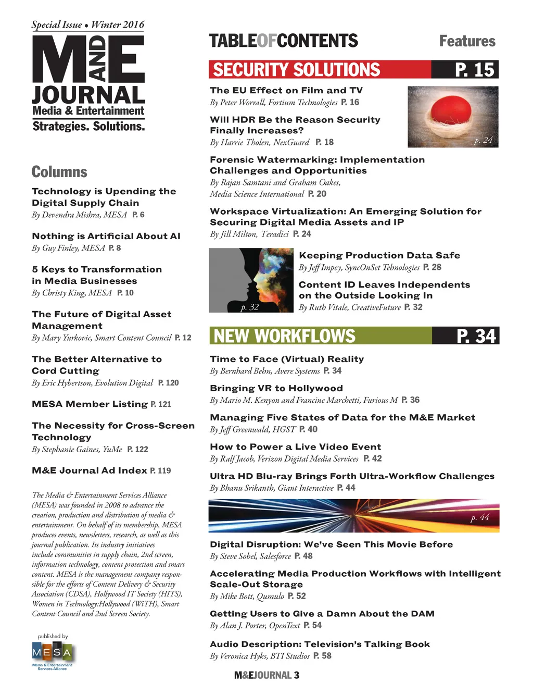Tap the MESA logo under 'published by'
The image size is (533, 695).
point(52,652)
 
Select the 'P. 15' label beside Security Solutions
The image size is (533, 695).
point(474,70)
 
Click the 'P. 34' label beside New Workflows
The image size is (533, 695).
point(476,336)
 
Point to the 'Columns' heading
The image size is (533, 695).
point(59,172)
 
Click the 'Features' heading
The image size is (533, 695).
point(467,41)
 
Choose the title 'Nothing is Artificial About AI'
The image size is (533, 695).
point(106,236)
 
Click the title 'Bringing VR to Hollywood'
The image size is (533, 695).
point(276,388)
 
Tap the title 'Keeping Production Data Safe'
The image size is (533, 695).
point(379,255)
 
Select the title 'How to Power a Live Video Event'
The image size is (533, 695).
point(295,447)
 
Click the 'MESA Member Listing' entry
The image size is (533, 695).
point(90,404)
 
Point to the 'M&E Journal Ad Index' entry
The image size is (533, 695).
point(90,470)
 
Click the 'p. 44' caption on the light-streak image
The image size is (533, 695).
point(480,517)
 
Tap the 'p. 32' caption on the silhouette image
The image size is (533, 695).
point(250,307)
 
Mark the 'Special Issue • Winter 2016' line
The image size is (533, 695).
point(88,24)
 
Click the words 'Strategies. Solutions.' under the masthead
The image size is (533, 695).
point(88,126)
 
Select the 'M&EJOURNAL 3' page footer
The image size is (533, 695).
point(266,675)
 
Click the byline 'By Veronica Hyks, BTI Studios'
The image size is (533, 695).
point(260,656)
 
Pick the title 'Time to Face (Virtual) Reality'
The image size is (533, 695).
point(287,359)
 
